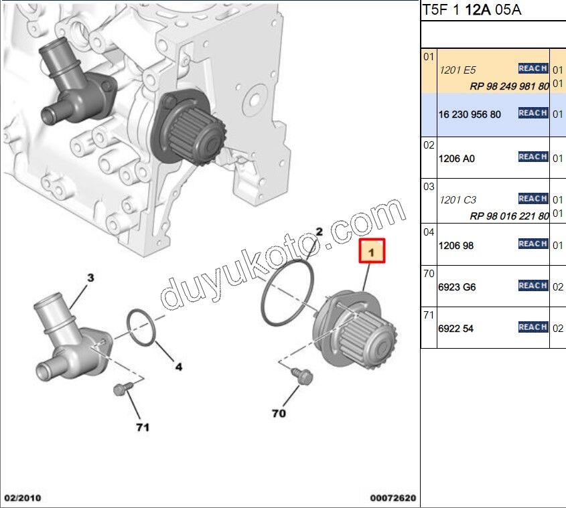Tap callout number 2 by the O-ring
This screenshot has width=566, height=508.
click(x=320, y=232)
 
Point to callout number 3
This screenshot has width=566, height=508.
click(x=90, y=276)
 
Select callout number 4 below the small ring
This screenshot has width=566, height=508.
click(x=179, y=366)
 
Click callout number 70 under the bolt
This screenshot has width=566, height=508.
click(x=279, y=414)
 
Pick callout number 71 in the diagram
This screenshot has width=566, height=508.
click(x=143, y=426)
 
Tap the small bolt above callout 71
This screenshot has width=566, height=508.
click(x=121, y=388)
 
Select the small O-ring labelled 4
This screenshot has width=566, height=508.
click(x=141, y=327)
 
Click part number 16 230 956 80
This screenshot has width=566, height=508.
click(x=470, y=114)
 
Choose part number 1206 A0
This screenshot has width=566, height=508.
click(x=456, y=159)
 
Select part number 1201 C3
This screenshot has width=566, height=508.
click(x=457, y=200)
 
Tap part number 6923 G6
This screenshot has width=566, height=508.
click(x=457, y=287)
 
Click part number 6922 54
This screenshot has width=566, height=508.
click(x=455, y=329)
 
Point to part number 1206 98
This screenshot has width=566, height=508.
click(x=455, y=246)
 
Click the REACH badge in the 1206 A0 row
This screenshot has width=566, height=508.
click(x=533, y=157)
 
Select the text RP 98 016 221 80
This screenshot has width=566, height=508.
click(x=509, y=216)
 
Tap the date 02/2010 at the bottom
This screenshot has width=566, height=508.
click(x=23, y=498)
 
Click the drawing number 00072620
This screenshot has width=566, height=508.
click(x=393, y=498)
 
